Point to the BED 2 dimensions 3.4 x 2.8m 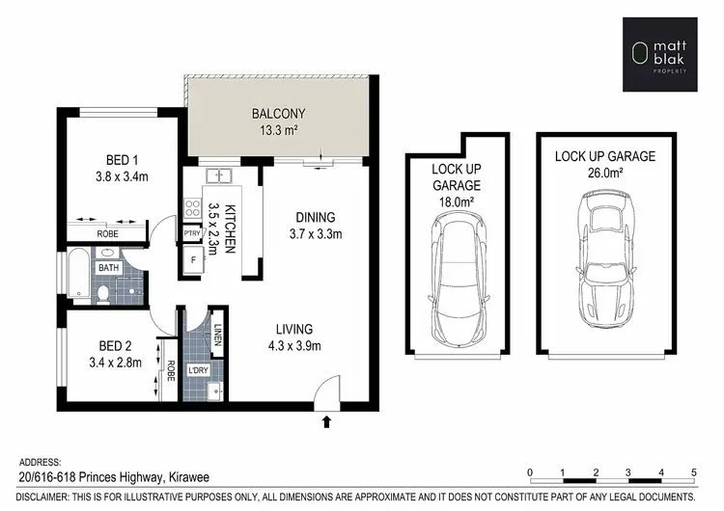point(113,363)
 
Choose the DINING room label point(315,217)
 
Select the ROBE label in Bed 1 point(107,234)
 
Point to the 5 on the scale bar point(694,472)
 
